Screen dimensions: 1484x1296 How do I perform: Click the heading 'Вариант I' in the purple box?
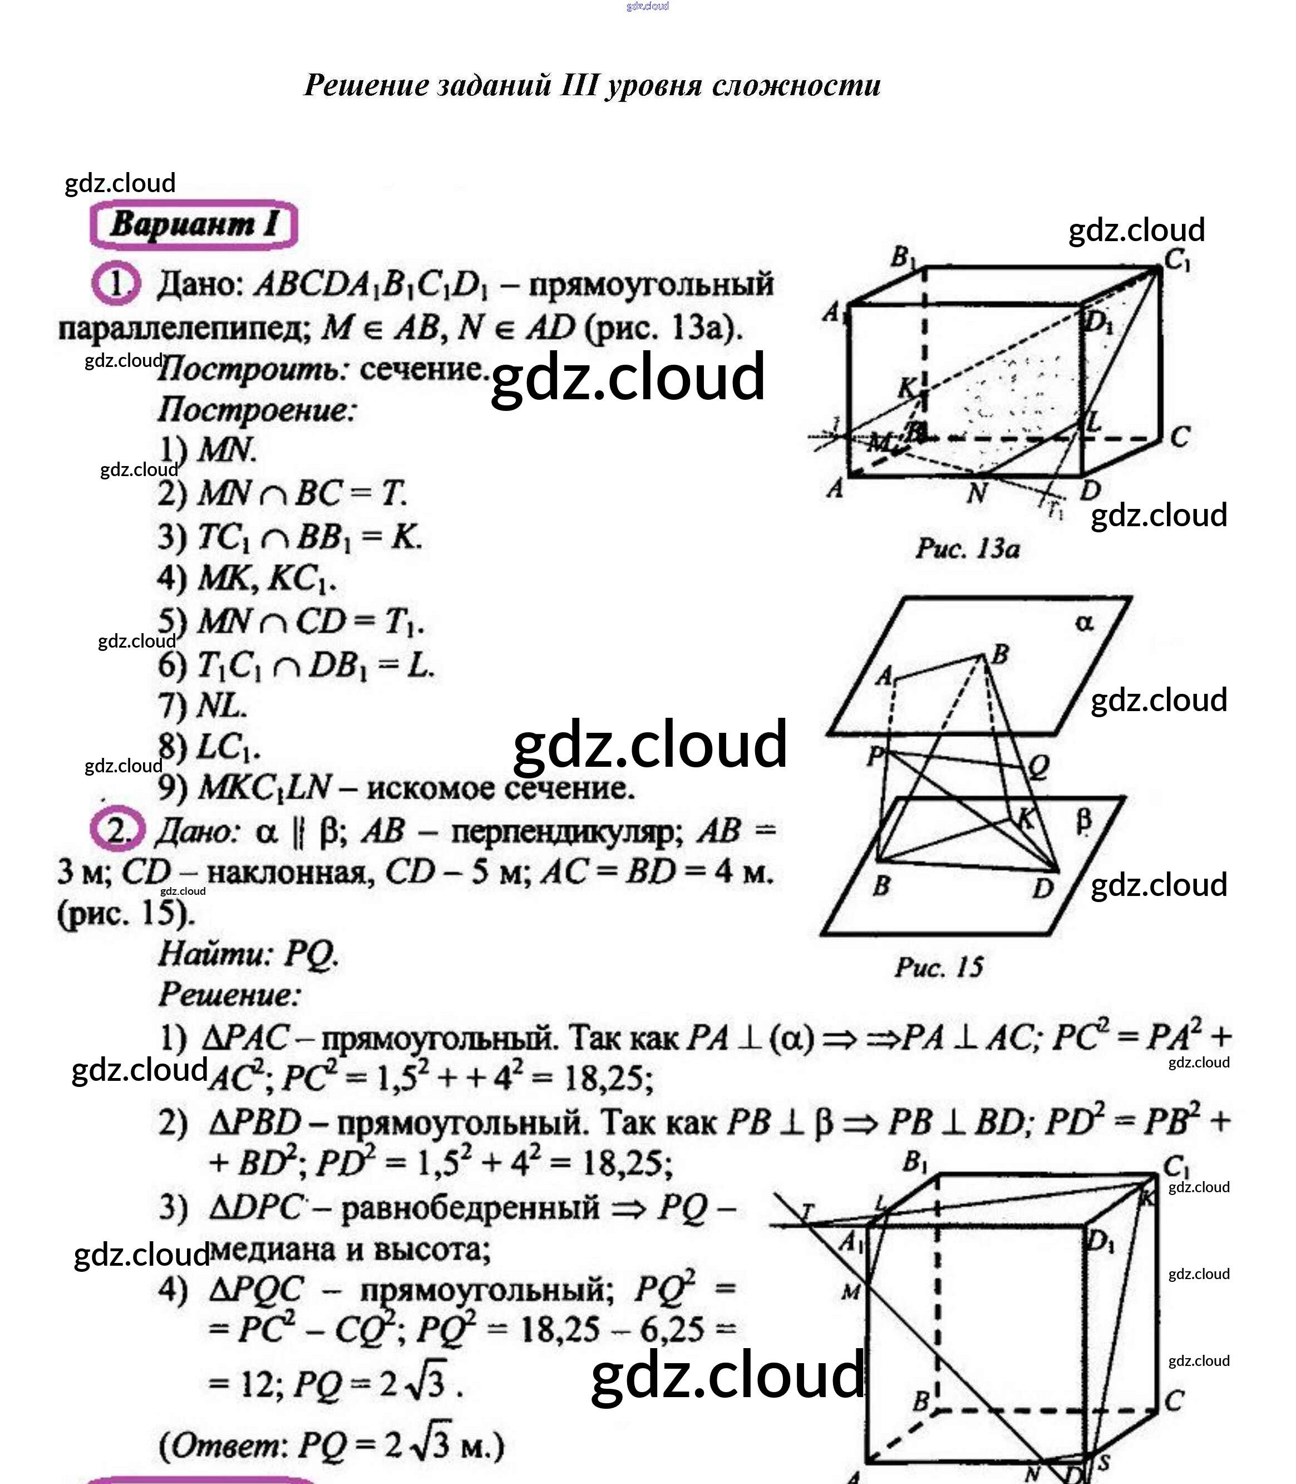point(194,224)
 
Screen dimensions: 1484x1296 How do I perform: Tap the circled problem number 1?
point(116,283)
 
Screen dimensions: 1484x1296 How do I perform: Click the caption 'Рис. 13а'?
point(967,548)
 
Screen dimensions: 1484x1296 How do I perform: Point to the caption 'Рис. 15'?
point(939,967)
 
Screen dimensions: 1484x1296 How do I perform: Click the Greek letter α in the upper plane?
point(1084,622)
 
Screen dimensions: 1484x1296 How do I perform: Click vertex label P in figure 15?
point(874,757)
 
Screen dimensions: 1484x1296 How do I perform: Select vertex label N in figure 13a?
point(977,493)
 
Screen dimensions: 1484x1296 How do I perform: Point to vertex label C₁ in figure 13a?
point(1176,259)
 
